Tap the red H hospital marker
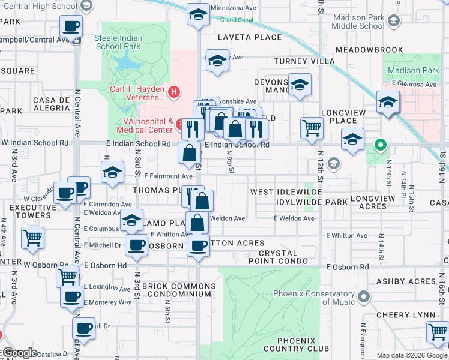point(173,92)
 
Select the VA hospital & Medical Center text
point(144,125)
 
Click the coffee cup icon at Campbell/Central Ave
point(71,26)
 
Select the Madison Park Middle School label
point(358,22)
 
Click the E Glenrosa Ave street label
point(414,85)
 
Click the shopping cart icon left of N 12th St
point(312,127)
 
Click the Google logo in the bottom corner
point(19,353)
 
